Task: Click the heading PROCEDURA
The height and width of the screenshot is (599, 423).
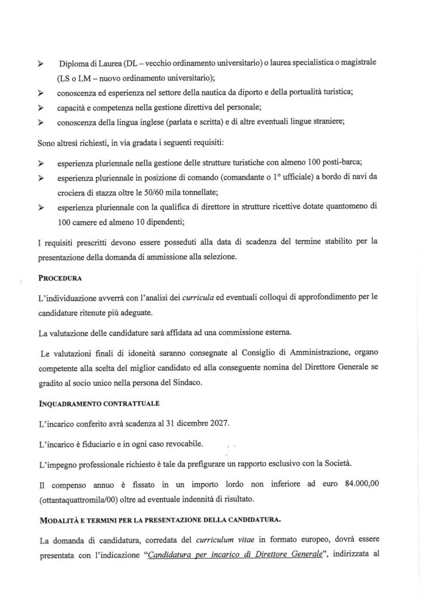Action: [61, 278]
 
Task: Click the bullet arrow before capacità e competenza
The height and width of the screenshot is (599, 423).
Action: [41, 108]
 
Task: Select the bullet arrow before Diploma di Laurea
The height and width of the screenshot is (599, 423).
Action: [41, 63]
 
